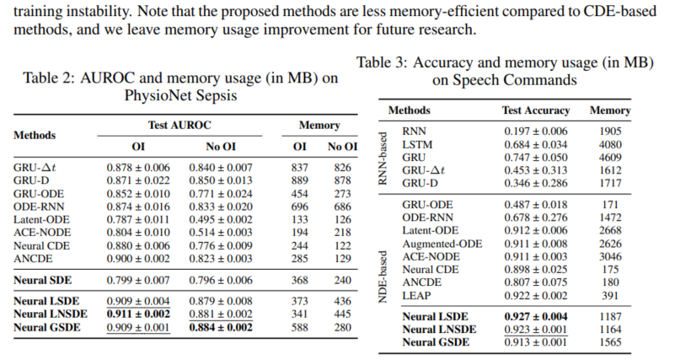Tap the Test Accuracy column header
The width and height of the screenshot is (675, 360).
536,110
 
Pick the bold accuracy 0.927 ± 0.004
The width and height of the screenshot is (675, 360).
536,316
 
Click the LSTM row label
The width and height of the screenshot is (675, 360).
417,144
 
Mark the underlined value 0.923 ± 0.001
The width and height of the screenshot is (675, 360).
536,330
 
